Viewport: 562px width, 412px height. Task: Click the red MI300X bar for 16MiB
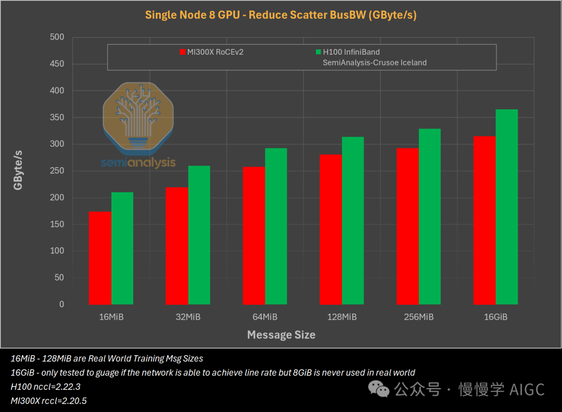click(100, 258)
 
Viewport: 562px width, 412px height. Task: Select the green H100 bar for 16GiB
click(507, 207)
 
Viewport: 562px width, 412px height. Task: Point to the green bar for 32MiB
click(199, 235)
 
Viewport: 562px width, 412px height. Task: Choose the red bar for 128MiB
click(330, 229)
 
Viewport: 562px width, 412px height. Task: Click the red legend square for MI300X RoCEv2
click(183, 52)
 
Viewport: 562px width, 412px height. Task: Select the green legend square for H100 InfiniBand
click(318, 52)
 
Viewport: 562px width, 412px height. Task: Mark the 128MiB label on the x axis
click(341, 317)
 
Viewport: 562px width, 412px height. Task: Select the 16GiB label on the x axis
click(495, 317)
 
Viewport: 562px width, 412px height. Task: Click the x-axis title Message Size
click(281, 335)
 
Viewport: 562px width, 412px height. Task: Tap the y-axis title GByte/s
click(19, 170)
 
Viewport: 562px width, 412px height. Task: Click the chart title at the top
click(281, 15)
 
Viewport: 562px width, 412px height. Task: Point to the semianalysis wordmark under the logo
click(138, 163)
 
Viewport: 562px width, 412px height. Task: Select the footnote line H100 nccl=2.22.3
click(45, 386)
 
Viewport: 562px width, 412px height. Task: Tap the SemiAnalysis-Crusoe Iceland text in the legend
click(375, 63)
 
